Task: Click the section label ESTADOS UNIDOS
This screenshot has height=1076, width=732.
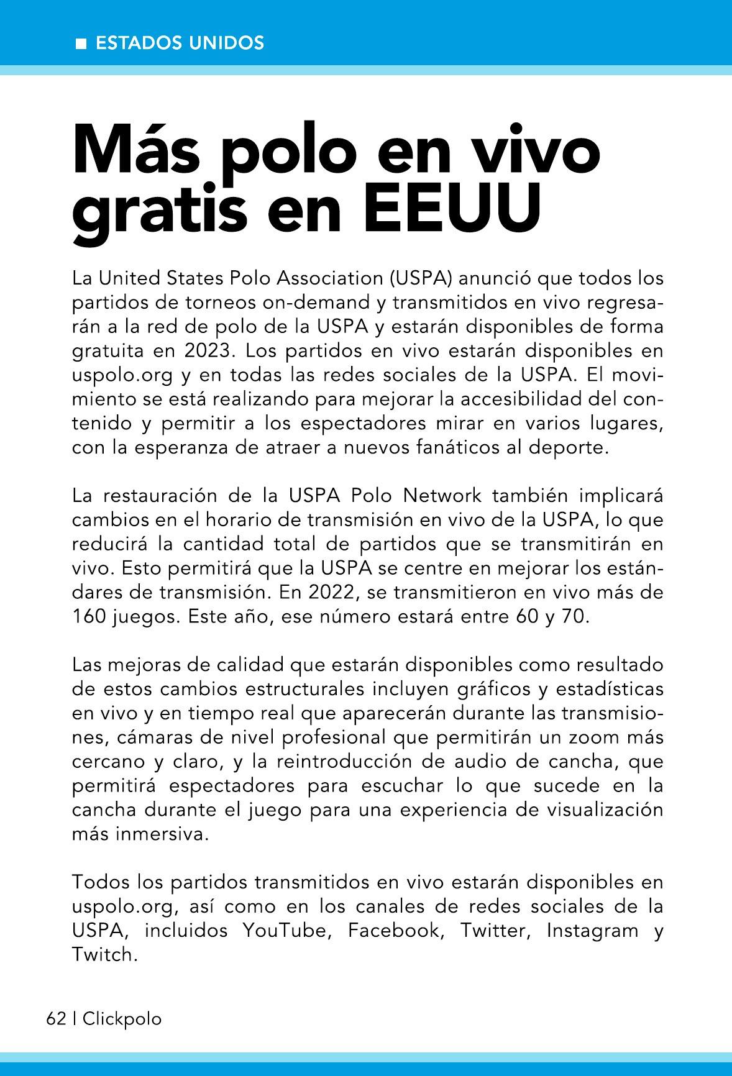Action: pos(180,43)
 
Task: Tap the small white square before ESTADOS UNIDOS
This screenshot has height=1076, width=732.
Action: pos(80,43)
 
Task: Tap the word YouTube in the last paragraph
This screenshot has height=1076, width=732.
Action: pos(284,931)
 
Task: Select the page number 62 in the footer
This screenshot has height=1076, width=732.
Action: pos(56,1019)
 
